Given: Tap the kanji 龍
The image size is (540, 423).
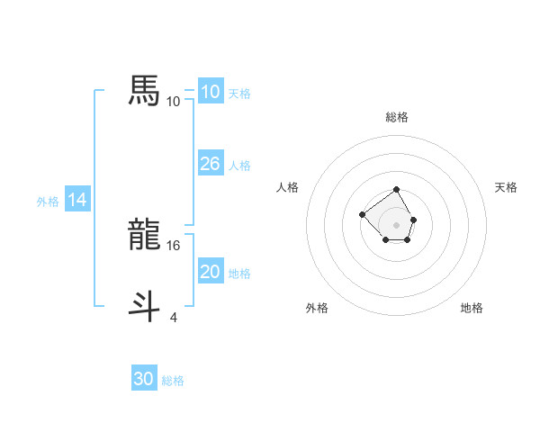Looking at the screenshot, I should coord(144,235).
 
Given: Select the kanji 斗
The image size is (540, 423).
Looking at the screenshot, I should coord(144,307).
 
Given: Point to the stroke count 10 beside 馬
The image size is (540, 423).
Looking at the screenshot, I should coord(174,102).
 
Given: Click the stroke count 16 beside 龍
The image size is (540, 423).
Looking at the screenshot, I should coord(174,245).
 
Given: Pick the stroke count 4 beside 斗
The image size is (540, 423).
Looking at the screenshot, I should coord(174,317).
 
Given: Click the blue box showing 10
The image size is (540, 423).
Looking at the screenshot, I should coord(210,92).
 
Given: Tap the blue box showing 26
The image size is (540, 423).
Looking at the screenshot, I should coord(210,164).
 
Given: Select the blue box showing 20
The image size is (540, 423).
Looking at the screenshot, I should coord(210,272).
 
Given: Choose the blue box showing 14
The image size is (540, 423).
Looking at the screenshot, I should coord(77,200).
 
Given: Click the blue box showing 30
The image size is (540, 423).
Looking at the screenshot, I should coord(144,379).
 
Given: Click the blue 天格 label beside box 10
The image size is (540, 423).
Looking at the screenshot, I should coord(239,94).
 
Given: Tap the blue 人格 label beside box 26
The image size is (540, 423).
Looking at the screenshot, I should coord(239,166).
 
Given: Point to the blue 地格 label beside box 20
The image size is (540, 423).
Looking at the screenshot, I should coord(239,274).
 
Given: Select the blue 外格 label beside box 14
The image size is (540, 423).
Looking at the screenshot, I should coord(48,202).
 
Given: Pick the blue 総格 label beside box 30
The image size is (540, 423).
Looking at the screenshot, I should coord(173,381).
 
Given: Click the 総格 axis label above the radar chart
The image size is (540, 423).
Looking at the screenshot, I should coord(397,117).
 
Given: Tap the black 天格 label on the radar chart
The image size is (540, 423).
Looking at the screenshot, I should coord(506,187).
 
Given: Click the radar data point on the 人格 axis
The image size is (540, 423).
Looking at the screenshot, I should coord(362,214).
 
